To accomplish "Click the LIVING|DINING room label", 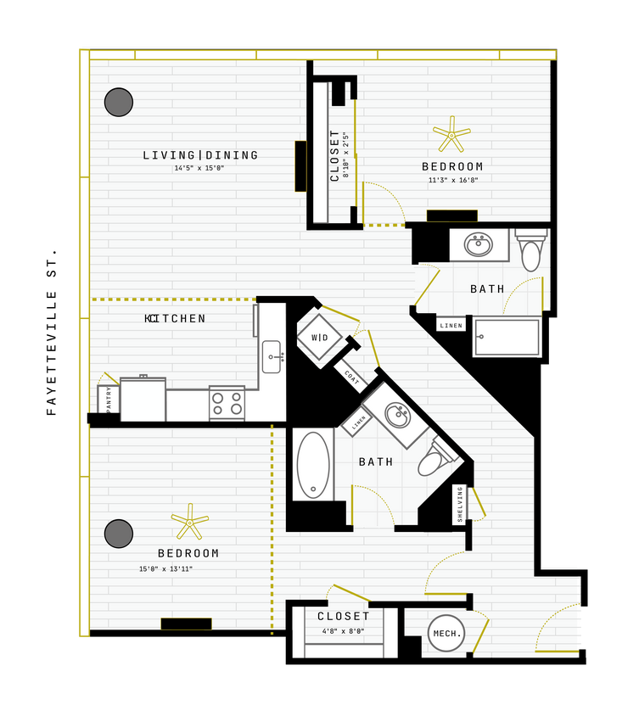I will tap(200, 155).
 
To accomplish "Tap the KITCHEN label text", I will tap(176, 319).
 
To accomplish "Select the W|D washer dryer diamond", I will tap(320, 338).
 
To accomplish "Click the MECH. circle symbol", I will tap(446, 634).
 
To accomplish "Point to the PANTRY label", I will tap(109, 399).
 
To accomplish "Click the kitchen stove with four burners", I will tap(227, 403).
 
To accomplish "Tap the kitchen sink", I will tap(272, 356).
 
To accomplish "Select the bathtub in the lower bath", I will tap(313, 466).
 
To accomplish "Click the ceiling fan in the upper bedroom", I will tap(451, 133).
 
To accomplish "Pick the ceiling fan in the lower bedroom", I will tap(189, 522).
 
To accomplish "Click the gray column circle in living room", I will tap(119, 102).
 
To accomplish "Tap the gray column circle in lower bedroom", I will tap(119, 534).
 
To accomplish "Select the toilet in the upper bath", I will tap(531, 250).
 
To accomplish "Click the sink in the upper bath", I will tap(479, 245).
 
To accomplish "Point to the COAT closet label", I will tap(351, 377).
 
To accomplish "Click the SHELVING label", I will tap(460, 504).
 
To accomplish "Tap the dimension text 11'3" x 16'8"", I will tap(453, 180).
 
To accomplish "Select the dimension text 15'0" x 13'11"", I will tap(166, 568).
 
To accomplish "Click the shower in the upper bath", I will tap(507, 337).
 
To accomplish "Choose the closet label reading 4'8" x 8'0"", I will tap(344, 630).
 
